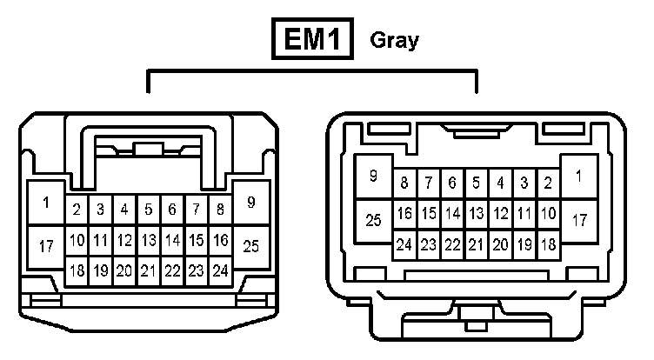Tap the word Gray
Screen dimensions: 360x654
[x=394, y=41]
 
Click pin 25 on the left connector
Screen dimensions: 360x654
[x=251, y=245]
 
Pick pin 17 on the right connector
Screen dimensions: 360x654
[x=579, y=221]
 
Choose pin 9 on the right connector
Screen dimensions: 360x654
[x=373, y=177]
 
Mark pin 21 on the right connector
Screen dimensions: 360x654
[x=476, y=245]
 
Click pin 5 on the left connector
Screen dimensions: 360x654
[x=149, y=210]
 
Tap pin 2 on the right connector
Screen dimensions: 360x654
[x=548, y=183]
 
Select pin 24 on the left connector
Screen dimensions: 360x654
[x=221, y=270]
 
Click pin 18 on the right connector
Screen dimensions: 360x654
[x=548, y=245]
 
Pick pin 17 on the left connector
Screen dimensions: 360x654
[x=46, y=246]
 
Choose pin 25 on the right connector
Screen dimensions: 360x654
[x=373, y=221]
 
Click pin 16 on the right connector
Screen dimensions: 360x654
[x=404, y=214]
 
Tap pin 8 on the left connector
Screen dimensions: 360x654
[x=221, y=210]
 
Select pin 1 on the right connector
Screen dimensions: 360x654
[x=579, y=177]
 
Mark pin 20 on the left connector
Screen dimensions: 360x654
[x=124, y=270]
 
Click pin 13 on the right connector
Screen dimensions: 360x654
[x=476, y=214]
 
